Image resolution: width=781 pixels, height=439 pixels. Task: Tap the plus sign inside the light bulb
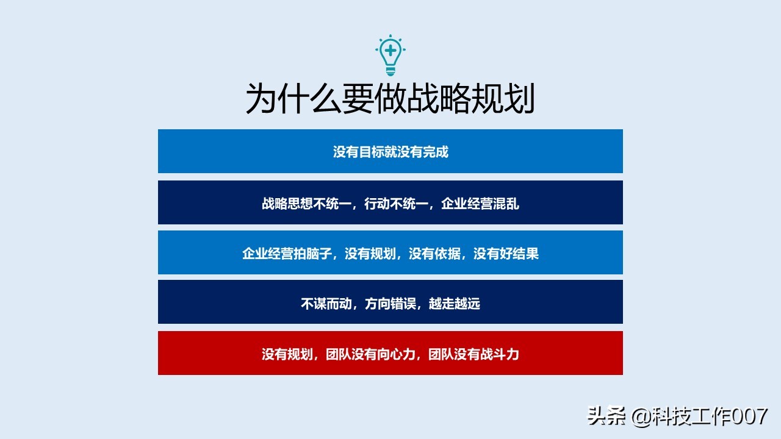[390, 49]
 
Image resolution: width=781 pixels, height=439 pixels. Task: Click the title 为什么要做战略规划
[390, 99]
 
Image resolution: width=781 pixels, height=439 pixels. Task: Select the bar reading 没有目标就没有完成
[390, 152]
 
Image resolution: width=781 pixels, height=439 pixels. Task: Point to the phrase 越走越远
[455, 303]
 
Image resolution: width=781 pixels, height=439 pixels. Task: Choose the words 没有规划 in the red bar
[287, 354]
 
